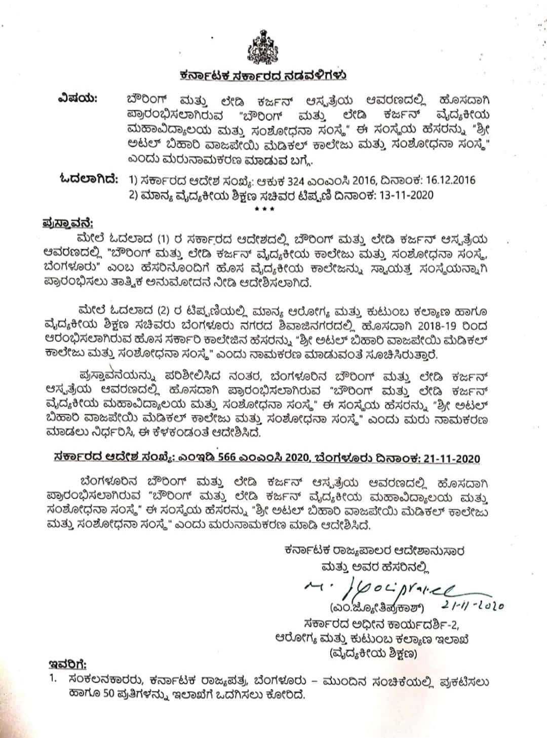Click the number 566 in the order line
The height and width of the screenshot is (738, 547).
click(x=239, y=458)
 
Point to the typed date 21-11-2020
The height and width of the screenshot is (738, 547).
click(x=450, y=458)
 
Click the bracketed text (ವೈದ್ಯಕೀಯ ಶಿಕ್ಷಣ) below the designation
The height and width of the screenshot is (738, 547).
click(x=373, y=654)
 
